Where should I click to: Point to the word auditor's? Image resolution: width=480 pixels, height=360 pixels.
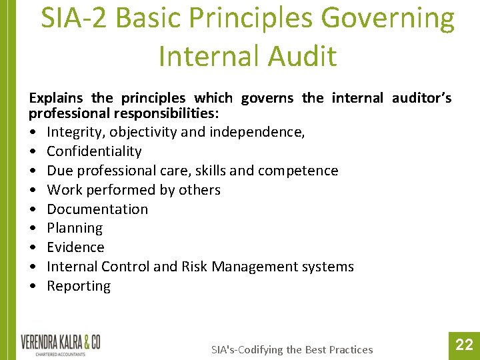tap(422, 99)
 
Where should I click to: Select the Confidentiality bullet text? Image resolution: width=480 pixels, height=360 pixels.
tap(94, 151)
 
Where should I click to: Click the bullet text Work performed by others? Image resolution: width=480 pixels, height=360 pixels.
tap(133, 190)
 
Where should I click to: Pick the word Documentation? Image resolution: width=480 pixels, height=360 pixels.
tap(97, 209)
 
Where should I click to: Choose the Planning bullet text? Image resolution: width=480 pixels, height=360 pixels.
tap(75, 228)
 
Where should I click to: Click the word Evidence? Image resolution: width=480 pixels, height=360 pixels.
tap(75, 247)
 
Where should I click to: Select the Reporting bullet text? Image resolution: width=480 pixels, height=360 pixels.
tap(79, 286)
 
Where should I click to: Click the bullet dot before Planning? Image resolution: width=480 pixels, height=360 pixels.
tap(33, 228)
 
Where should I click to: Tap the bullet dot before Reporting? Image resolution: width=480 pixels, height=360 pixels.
tap(33, 286)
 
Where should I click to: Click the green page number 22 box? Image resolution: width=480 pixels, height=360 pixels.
tap(463, 345)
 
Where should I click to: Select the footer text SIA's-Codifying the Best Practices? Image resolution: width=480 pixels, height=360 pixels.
tap(292, 349)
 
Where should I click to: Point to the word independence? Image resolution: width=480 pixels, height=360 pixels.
tap(257, 132)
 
